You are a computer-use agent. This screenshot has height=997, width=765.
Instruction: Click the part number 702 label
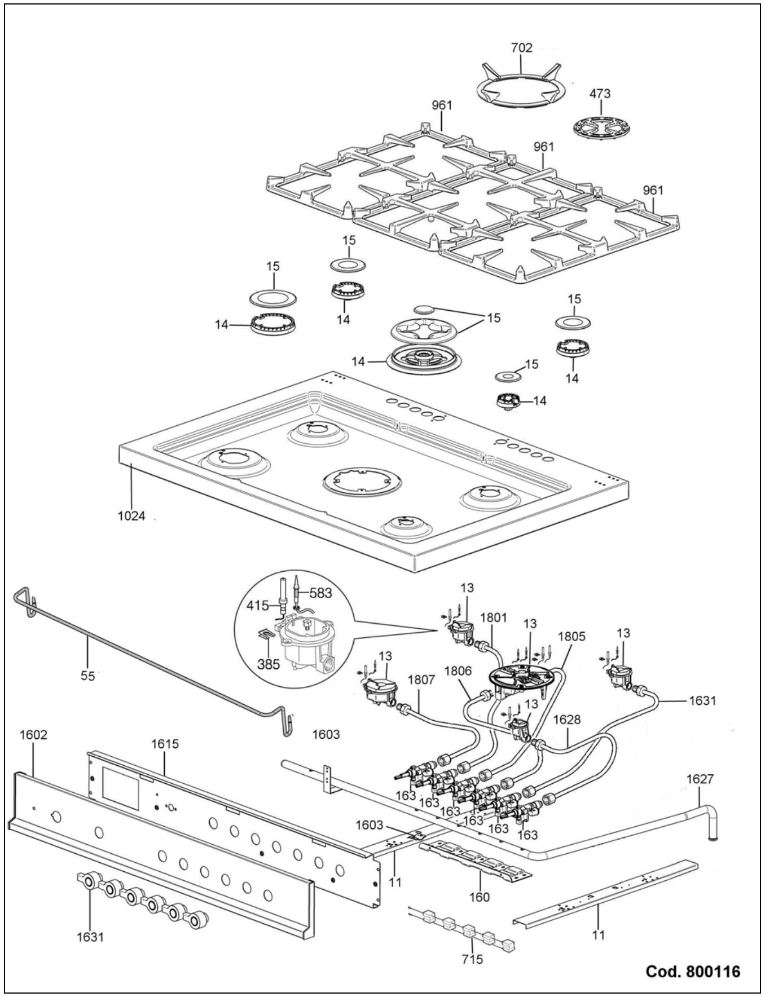point(521,48)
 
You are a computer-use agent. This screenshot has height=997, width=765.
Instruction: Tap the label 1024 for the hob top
point(131,516)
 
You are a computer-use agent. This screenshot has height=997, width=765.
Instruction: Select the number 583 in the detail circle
point(320,593)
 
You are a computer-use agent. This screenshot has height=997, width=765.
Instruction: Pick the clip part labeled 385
point(263,637)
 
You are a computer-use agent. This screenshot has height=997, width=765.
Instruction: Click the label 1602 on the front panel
point(33,735)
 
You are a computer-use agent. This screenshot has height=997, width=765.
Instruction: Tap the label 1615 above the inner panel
point(165,743)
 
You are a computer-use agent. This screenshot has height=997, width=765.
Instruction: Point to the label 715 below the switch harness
point(472,959)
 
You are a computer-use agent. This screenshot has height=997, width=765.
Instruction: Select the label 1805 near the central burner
point(571,637)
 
